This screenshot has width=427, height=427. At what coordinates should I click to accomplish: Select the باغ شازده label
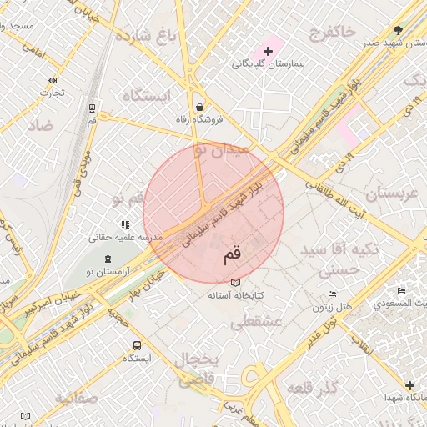point(148,36)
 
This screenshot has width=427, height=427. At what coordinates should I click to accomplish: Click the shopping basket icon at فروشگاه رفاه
point(200,108)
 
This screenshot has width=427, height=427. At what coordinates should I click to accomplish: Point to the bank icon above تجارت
point(53,81)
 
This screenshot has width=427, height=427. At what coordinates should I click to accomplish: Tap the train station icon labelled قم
point(92,108)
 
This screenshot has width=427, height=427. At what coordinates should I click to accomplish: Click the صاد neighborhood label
point(38,126)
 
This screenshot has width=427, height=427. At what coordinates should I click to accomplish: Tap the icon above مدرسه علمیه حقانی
point(125,224)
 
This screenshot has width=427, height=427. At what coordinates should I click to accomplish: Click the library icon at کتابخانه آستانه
point(235,283)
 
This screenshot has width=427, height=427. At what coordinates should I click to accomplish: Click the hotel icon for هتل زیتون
point(333,294)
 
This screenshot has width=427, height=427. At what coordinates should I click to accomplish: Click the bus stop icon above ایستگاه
point(136,345)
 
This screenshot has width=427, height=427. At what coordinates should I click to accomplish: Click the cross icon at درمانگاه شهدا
point(409,385)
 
